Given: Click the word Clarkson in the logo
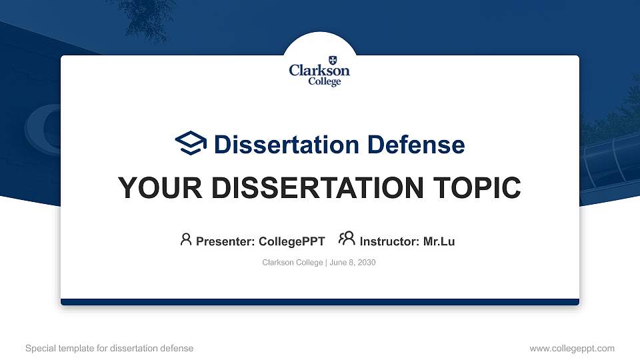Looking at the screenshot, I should point(319,71).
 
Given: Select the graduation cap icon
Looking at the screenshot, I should point(191,143).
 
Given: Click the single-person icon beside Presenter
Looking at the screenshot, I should point(186,239).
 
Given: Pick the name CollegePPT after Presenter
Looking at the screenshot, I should point(291,241).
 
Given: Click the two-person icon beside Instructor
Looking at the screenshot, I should point(347,239).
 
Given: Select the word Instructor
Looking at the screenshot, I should point(389,241).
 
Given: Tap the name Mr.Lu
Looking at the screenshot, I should point(439,241).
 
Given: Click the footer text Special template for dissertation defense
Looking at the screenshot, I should point(109,348).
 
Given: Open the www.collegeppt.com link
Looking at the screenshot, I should point(571,348).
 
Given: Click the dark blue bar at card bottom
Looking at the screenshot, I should point(320,302).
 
